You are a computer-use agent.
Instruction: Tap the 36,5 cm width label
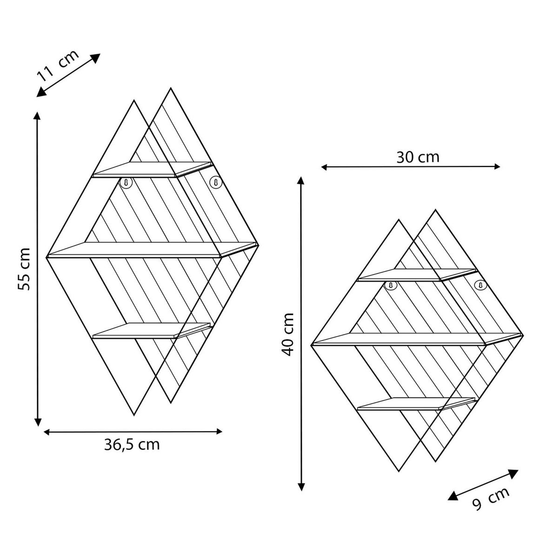[x=132, y=445]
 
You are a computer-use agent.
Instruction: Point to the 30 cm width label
[x=418, y=157]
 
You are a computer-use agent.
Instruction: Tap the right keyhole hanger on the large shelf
[x=214, y=182]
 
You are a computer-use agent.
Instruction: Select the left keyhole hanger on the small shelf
[x=391, y=285]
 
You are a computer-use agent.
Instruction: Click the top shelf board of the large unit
[x=151, y=169]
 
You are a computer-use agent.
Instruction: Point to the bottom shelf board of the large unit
[x=151, y=330]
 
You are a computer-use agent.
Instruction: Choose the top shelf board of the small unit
[x=416, y=275]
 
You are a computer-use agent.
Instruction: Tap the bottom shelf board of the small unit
[x=416, y=404]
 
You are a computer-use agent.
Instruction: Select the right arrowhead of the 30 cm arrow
[x=497, y=166]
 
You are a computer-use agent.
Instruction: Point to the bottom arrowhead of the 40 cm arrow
[x=302, y=486]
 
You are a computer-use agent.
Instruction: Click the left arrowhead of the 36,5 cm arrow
[x=47, y=432]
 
